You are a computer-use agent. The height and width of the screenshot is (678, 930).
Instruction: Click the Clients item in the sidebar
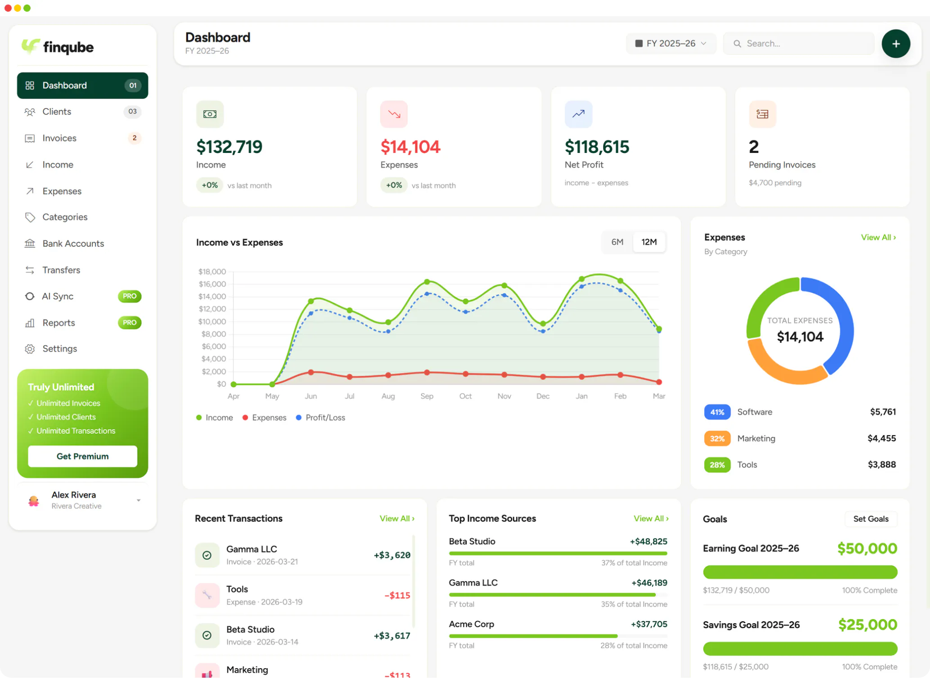(82, 112)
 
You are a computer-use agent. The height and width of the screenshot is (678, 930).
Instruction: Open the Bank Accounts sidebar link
(82, 243)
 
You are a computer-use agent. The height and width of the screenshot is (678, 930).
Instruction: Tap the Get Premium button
(82, 456)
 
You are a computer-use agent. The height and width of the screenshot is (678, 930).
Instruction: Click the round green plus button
(896, 44)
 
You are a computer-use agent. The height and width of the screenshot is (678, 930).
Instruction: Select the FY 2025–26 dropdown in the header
(671, 44)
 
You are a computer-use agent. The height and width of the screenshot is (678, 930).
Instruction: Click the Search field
(798, 44)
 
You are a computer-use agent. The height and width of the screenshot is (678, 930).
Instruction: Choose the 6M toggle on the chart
(617, 242)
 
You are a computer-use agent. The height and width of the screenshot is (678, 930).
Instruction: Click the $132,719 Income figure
(229, 147)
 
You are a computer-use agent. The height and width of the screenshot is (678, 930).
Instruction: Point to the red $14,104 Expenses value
(410, 147)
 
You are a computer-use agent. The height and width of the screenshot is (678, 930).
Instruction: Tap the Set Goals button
(871, 519)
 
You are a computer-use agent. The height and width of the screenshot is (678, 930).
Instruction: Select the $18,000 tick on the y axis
(212, 271)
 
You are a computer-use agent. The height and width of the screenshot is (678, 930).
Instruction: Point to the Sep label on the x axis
(427, 396)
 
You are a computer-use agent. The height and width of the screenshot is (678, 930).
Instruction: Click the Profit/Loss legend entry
(321, 418)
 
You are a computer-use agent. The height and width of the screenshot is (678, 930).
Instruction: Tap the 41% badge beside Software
(717, 412)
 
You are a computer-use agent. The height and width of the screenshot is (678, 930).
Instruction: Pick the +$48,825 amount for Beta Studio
(648, 541)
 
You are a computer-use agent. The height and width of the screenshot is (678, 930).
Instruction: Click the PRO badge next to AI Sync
(130, 296)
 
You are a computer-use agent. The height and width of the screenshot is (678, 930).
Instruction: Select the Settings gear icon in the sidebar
(30, 349)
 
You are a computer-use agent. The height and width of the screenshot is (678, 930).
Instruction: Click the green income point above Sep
(427, 282)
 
